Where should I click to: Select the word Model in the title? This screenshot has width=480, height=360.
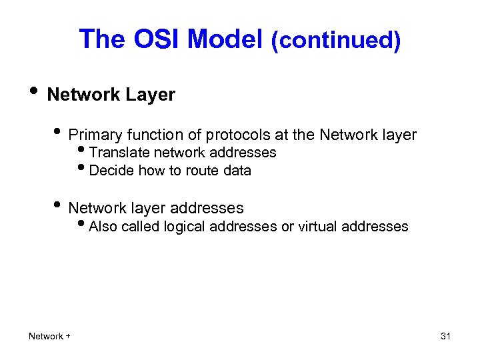[225, 39]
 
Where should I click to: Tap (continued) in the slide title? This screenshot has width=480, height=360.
[335, 41]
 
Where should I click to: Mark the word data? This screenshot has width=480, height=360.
[237, 171]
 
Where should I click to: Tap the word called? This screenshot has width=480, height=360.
[141, 227]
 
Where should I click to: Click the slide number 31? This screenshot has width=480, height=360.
[445, 336]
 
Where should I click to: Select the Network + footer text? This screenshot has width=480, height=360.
[49, 336]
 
